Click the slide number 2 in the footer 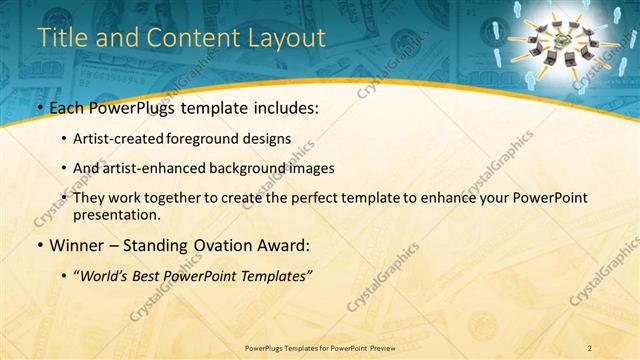point(591,347)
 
